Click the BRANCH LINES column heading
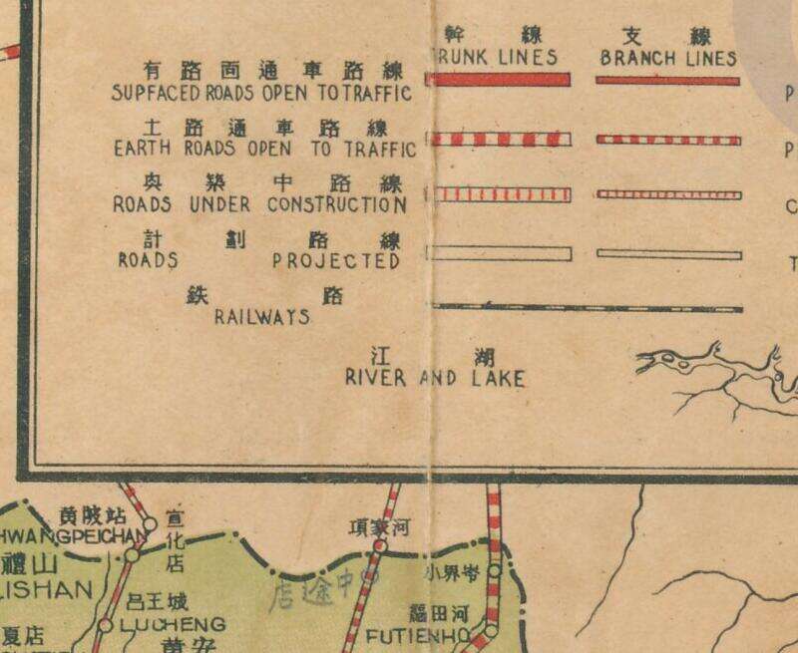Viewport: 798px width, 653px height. pyautogui.click(x=667, y=58)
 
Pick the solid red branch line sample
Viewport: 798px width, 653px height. pyautogui.click(x=667, y=80)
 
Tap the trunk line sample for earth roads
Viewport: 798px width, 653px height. pyautogui.click(x=498, y=139)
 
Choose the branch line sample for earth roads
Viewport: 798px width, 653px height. pyautogui.click(x=667, y=140)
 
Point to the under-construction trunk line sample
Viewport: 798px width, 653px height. pyautogui.click(x=498, y=193)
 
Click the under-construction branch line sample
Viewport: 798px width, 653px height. pyautogui.click(x=667, y=193)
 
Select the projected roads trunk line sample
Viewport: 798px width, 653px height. pyautogui.click(x=498, y=253)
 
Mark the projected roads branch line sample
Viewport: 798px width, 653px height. pyautogui.click(x=667, y=254)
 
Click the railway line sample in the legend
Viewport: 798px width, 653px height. pyautogui.click(x=584, y=308)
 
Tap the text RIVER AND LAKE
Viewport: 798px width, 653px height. pyautogui.click(x=434, y=379)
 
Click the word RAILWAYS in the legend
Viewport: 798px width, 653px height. pyautogui.click(x=262, y=318)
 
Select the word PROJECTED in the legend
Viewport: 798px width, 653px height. pyautogui.click(x=336, y=261)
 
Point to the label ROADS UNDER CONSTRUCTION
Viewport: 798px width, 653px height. pyautogui.click(x=260, y=205)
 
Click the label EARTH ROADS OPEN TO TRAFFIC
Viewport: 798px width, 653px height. pyautogui.click(x=263, y=150)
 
